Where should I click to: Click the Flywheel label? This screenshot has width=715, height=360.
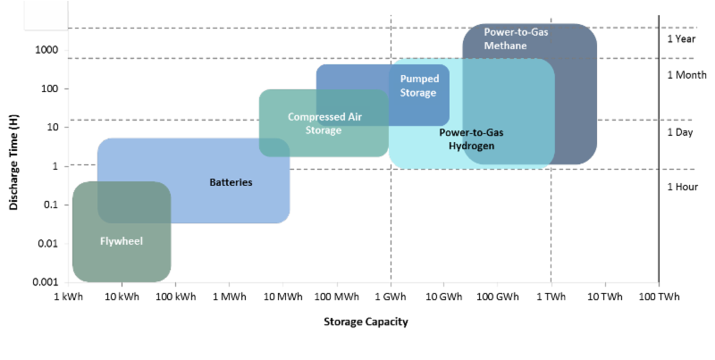122,241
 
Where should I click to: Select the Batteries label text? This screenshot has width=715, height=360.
231,182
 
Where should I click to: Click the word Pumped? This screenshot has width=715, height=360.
419,80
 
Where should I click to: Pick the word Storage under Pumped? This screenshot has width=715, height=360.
419,93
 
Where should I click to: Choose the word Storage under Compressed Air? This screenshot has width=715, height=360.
324,130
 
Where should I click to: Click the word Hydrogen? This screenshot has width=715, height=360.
471,146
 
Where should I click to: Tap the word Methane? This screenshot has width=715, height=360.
506,46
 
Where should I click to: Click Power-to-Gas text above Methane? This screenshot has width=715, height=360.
516,32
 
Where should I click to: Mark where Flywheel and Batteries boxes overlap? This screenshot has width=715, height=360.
134,202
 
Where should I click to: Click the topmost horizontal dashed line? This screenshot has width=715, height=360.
268,29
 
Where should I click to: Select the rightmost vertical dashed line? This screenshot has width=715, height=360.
551,223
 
